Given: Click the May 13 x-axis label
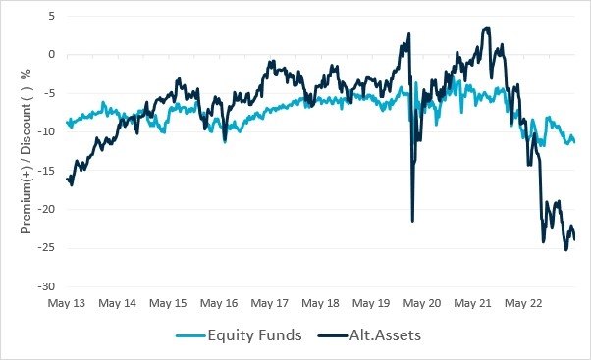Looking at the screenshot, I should (x=66, y=304).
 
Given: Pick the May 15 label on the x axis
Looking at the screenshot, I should (x=167, y=304).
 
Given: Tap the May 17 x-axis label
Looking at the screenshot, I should (x=269, y=304).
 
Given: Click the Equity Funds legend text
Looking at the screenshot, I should (x=249, y=335).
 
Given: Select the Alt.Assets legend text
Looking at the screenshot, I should (x=387, y=335).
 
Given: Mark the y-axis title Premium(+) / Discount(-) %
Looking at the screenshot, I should (x=27, y=152).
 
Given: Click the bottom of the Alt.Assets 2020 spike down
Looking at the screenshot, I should (x=412, y=221).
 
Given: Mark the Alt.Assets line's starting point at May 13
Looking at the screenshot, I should (x=66, y=179).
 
